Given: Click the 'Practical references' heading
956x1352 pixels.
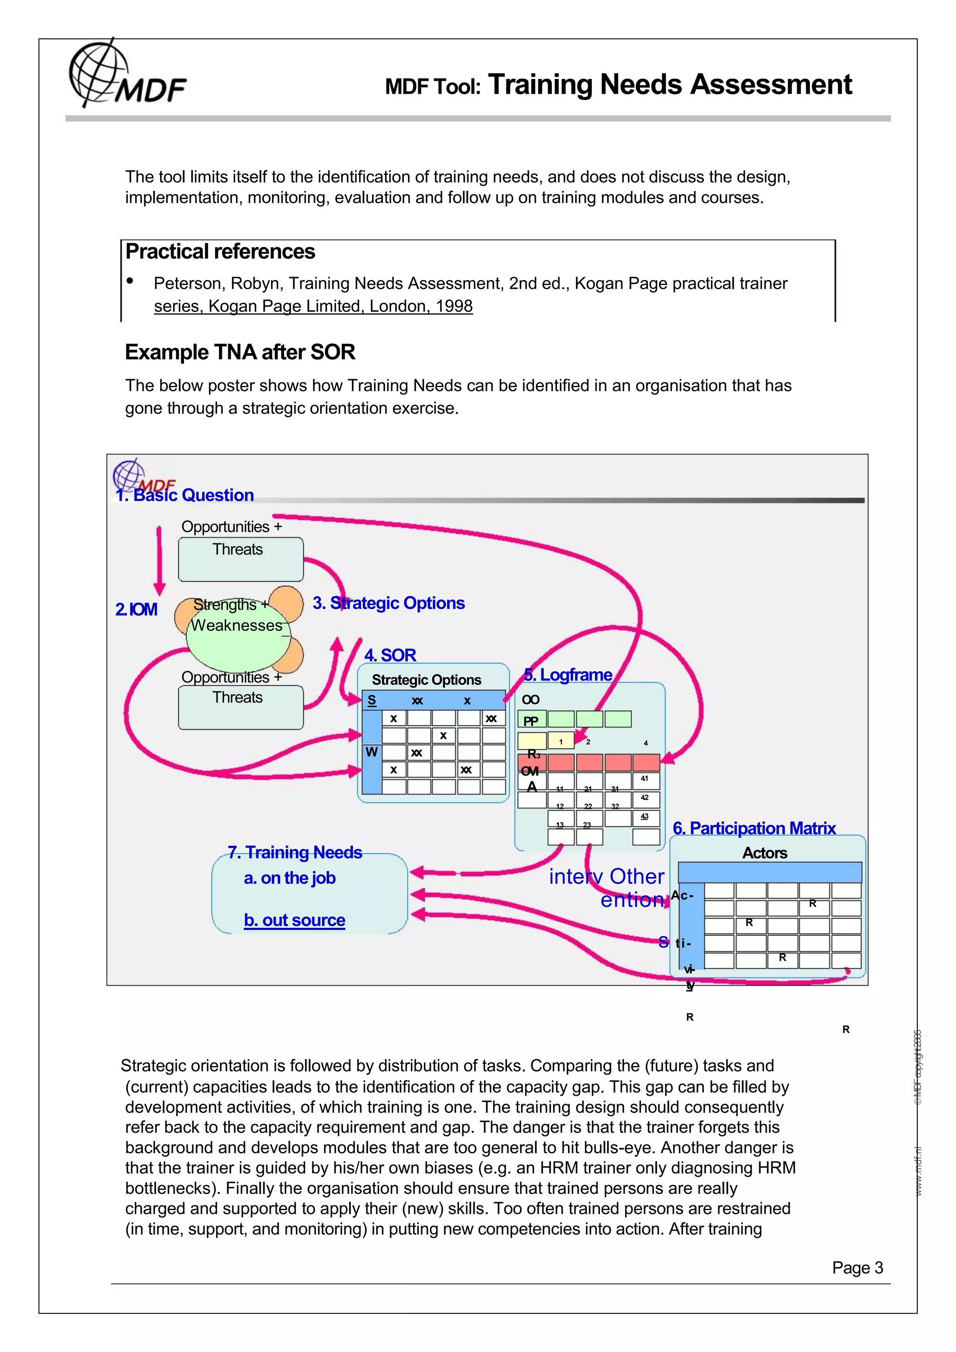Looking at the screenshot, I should pos(220,252).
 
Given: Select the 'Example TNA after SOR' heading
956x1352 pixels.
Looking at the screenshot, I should pos(240,352).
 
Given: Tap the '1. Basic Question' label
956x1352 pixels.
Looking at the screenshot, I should pos(185,495).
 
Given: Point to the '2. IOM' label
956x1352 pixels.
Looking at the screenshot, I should pos(136,609).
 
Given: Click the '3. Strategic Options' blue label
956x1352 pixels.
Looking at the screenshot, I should pos(388,603).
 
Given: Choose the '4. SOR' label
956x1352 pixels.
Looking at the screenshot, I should pos(390,655).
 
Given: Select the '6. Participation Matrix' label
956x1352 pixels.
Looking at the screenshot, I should pos(754,828).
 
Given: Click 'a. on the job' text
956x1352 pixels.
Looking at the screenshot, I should pos(289,878).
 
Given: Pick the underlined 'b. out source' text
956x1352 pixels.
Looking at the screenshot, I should pos(295,920).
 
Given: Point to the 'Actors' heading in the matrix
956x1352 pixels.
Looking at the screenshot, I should pos(765,853).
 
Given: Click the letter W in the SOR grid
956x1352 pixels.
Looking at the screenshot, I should pos(371,752).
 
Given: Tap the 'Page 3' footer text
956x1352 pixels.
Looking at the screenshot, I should pos(857,1268).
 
